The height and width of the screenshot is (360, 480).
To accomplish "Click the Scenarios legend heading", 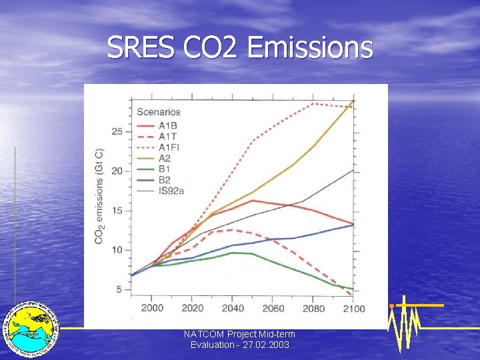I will click(159, 112).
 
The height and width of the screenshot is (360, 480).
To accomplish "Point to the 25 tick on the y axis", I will click(117, 131).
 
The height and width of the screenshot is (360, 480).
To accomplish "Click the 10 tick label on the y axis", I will click(117, 250).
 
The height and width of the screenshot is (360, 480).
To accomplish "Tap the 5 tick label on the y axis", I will click(119, 289).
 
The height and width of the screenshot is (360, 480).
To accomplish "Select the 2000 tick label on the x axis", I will click(152, 308).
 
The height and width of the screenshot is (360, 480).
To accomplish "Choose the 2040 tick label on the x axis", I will click(232, 308).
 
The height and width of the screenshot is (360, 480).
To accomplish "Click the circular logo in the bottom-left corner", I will click(31, 328).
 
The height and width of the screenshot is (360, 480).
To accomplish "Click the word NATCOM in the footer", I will click(203, 333).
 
